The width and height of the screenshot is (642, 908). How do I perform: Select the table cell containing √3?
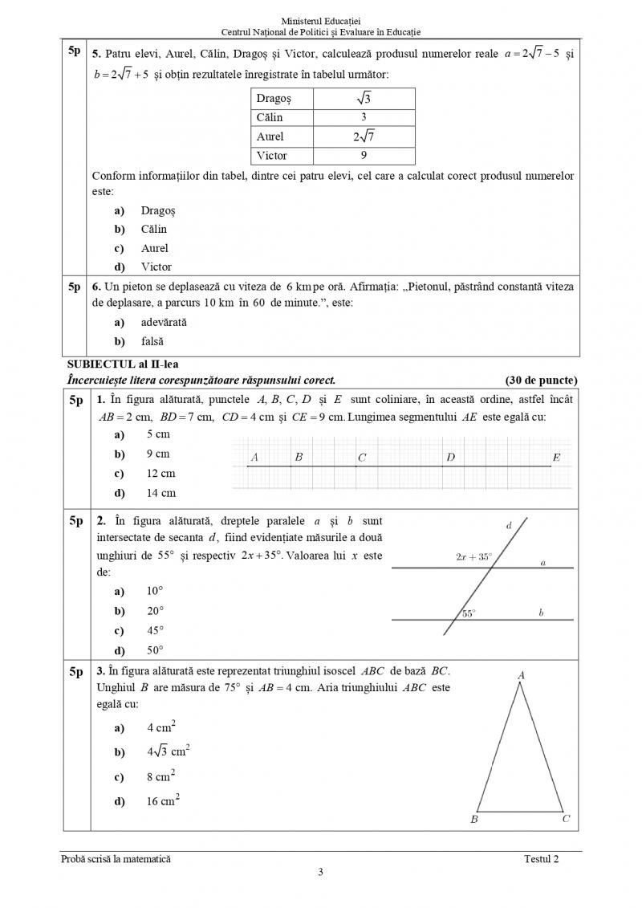[x=364, y=98]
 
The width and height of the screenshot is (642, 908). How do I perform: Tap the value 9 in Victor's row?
[x=364, y=156]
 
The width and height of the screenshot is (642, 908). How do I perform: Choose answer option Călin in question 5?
[x=153, y=230]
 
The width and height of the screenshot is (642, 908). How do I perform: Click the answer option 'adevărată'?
[x=163, y=322]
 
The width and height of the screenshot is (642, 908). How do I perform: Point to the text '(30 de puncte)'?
[x=541, y=380]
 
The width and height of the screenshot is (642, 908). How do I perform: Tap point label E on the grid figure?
[x=556, y=458]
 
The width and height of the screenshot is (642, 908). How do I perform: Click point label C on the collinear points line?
[x=362, y=458]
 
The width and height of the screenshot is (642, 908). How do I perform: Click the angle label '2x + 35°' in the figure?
[x=473, y=556]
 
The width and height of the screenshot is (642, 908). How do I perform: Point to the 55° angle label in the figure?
[x=469, y=613]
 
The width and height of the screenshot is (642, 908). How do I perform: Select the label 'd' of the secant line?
[x=509, y=526]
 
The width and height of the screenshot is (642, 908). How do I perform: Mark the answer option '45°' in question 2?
[x=155, y=631]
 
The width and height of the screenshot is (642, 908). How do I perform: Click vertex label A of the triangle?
[x=521, y=675]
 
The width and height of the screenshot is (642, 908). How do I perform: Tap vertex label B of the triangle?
[x=474, y=820]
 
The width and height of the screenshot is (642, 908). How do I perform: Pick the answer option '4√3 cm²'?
[x=168, y=752]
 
